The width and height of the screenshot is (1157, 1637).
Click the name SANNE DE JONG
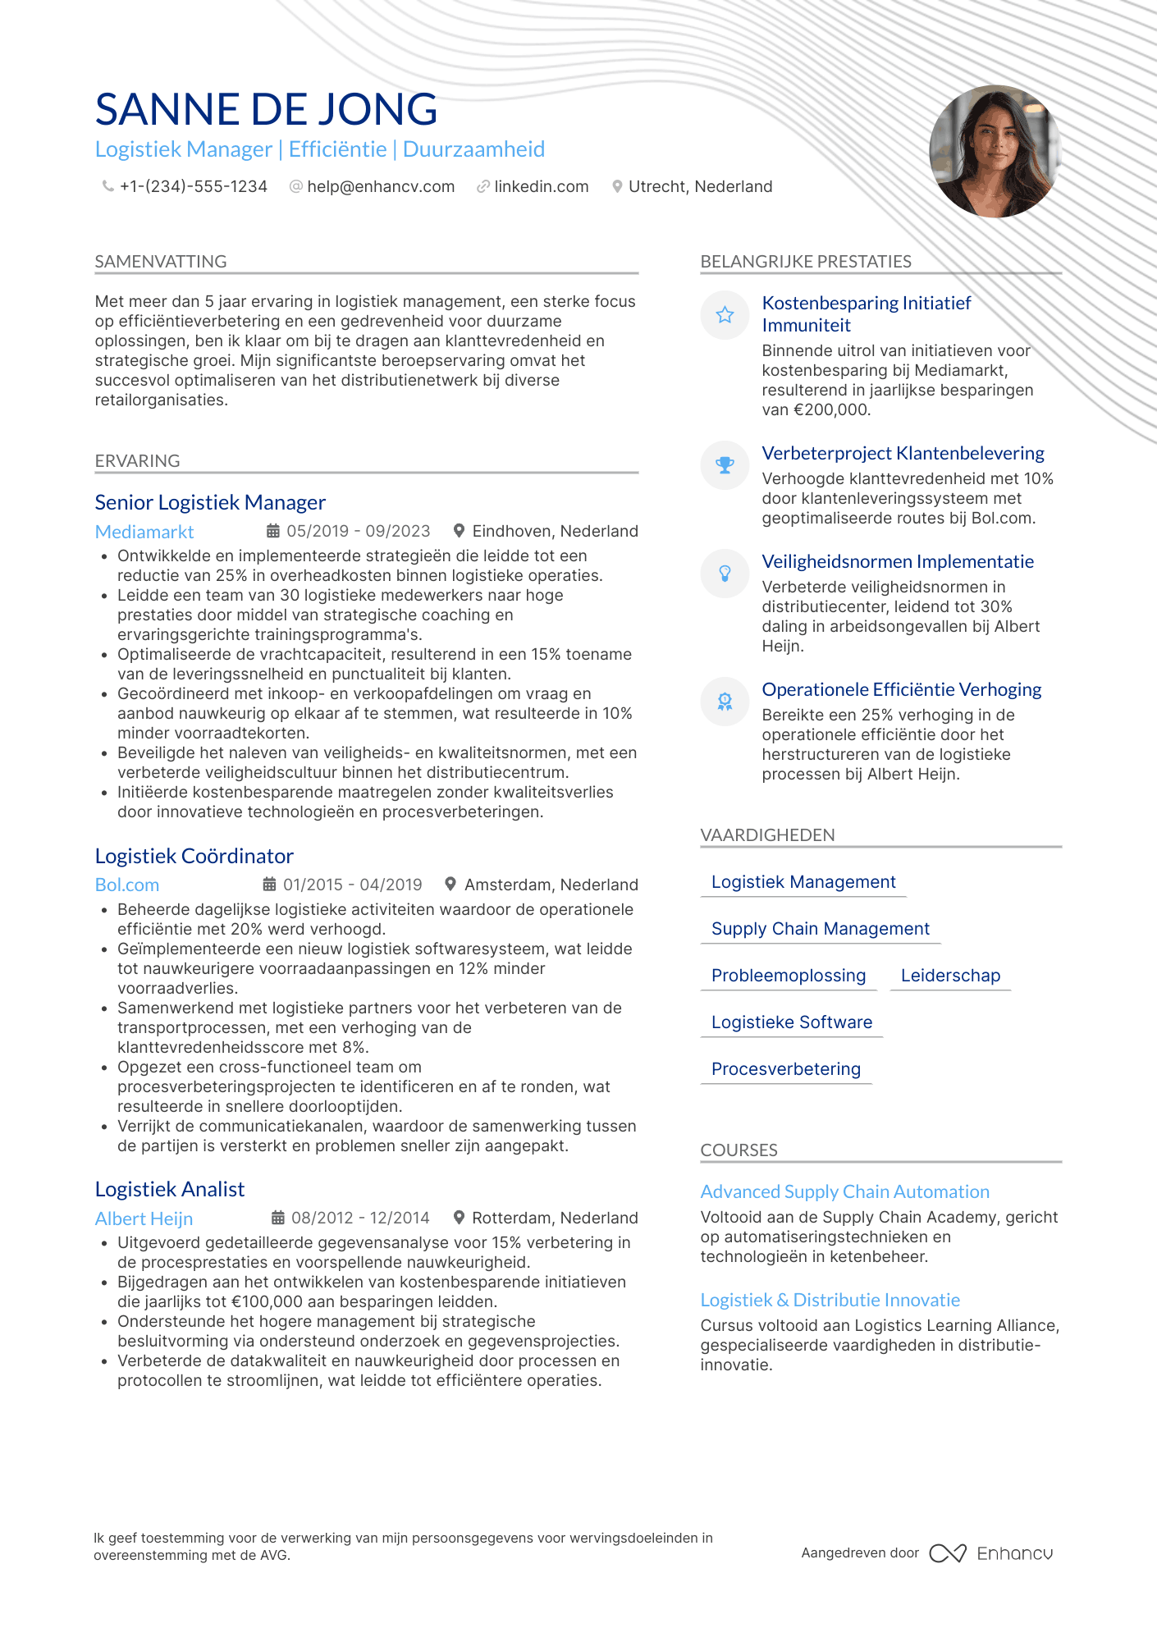tap(266, 109)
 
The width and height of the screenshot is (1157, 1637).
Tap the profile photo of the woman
tap(995, 151)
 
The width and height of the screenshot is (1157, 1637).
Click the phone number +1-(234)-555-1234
tap(194, 187)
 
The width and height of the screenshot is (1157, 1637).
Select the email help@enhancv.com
tap(381, 187)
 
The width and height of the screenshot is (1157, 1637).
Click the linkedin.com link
tap(542, 187)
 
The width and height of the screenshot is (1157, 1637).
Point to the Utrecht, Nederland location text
tap(700, 187)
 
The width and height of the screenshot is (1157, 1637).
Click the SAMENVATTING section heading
tap(161, 262)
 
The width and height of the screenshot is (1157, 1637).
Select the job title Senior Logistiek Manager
tap(210, 502)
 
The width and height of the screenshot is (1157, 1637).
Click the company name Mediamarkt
tap(144, 532)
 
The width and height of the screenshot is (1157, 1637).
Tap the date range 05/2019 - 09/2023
tap(358, 532)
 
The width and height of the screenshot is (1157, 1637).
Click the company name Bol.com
tap(127, 885)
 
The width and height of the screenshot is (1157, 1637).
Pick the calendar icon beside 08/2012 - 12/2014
tap(278, 1218)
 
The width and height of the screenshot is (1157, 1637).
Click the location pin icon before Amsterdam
tap(450, 885)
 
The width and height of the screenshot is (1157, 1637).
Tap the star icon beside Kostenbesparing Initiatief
tap(725, 315)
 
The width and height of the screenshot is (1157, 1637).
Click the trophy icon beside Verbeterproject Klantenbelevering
tap(725, 465)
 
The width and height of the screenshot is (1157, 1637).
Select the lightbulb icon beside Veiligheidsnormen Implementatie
tap(725, 574)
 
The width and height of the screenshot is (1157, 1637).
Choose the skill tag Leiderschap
tap(950, 976)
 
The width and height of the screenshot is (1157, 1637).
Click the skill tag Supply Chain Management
tap(821, 929)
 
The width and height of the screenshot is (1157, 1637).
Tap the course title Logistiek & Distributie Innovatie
tap(830, 1301)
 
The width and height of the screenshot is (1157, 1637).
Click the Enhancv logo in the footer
tap(991, 1553)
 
